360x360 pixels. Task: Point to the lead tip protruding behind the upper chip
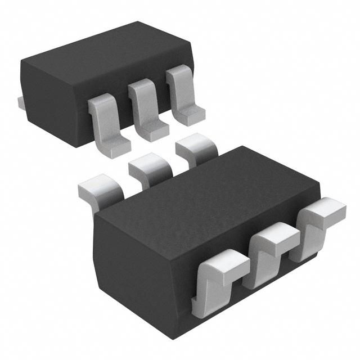tap(20, 102)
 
